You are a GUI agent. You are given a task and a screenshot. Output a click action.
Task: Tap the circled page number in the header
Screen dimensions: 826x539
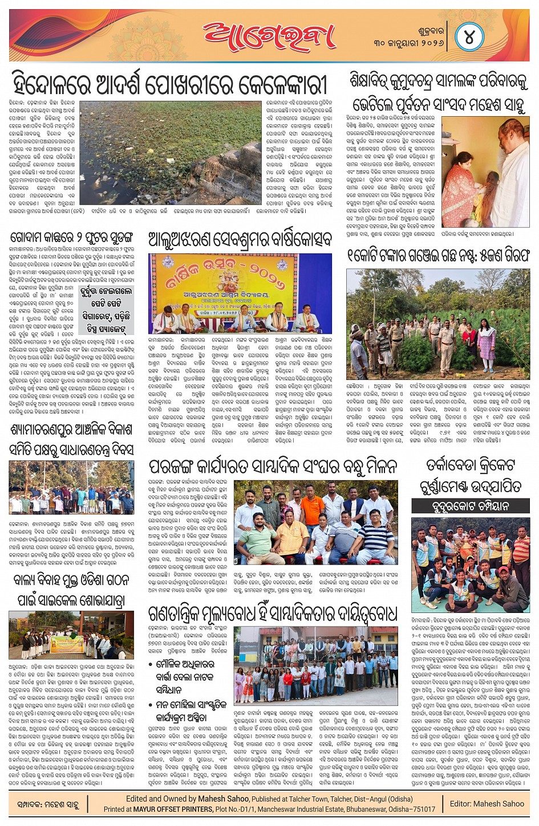469,38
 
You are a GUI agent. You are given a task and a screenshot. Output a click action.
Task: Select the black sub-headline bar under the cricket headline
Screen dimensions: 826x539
470,506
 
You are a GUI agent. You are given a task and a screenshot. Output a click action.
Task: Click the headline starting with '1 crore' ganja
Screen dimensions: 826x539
438,255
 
